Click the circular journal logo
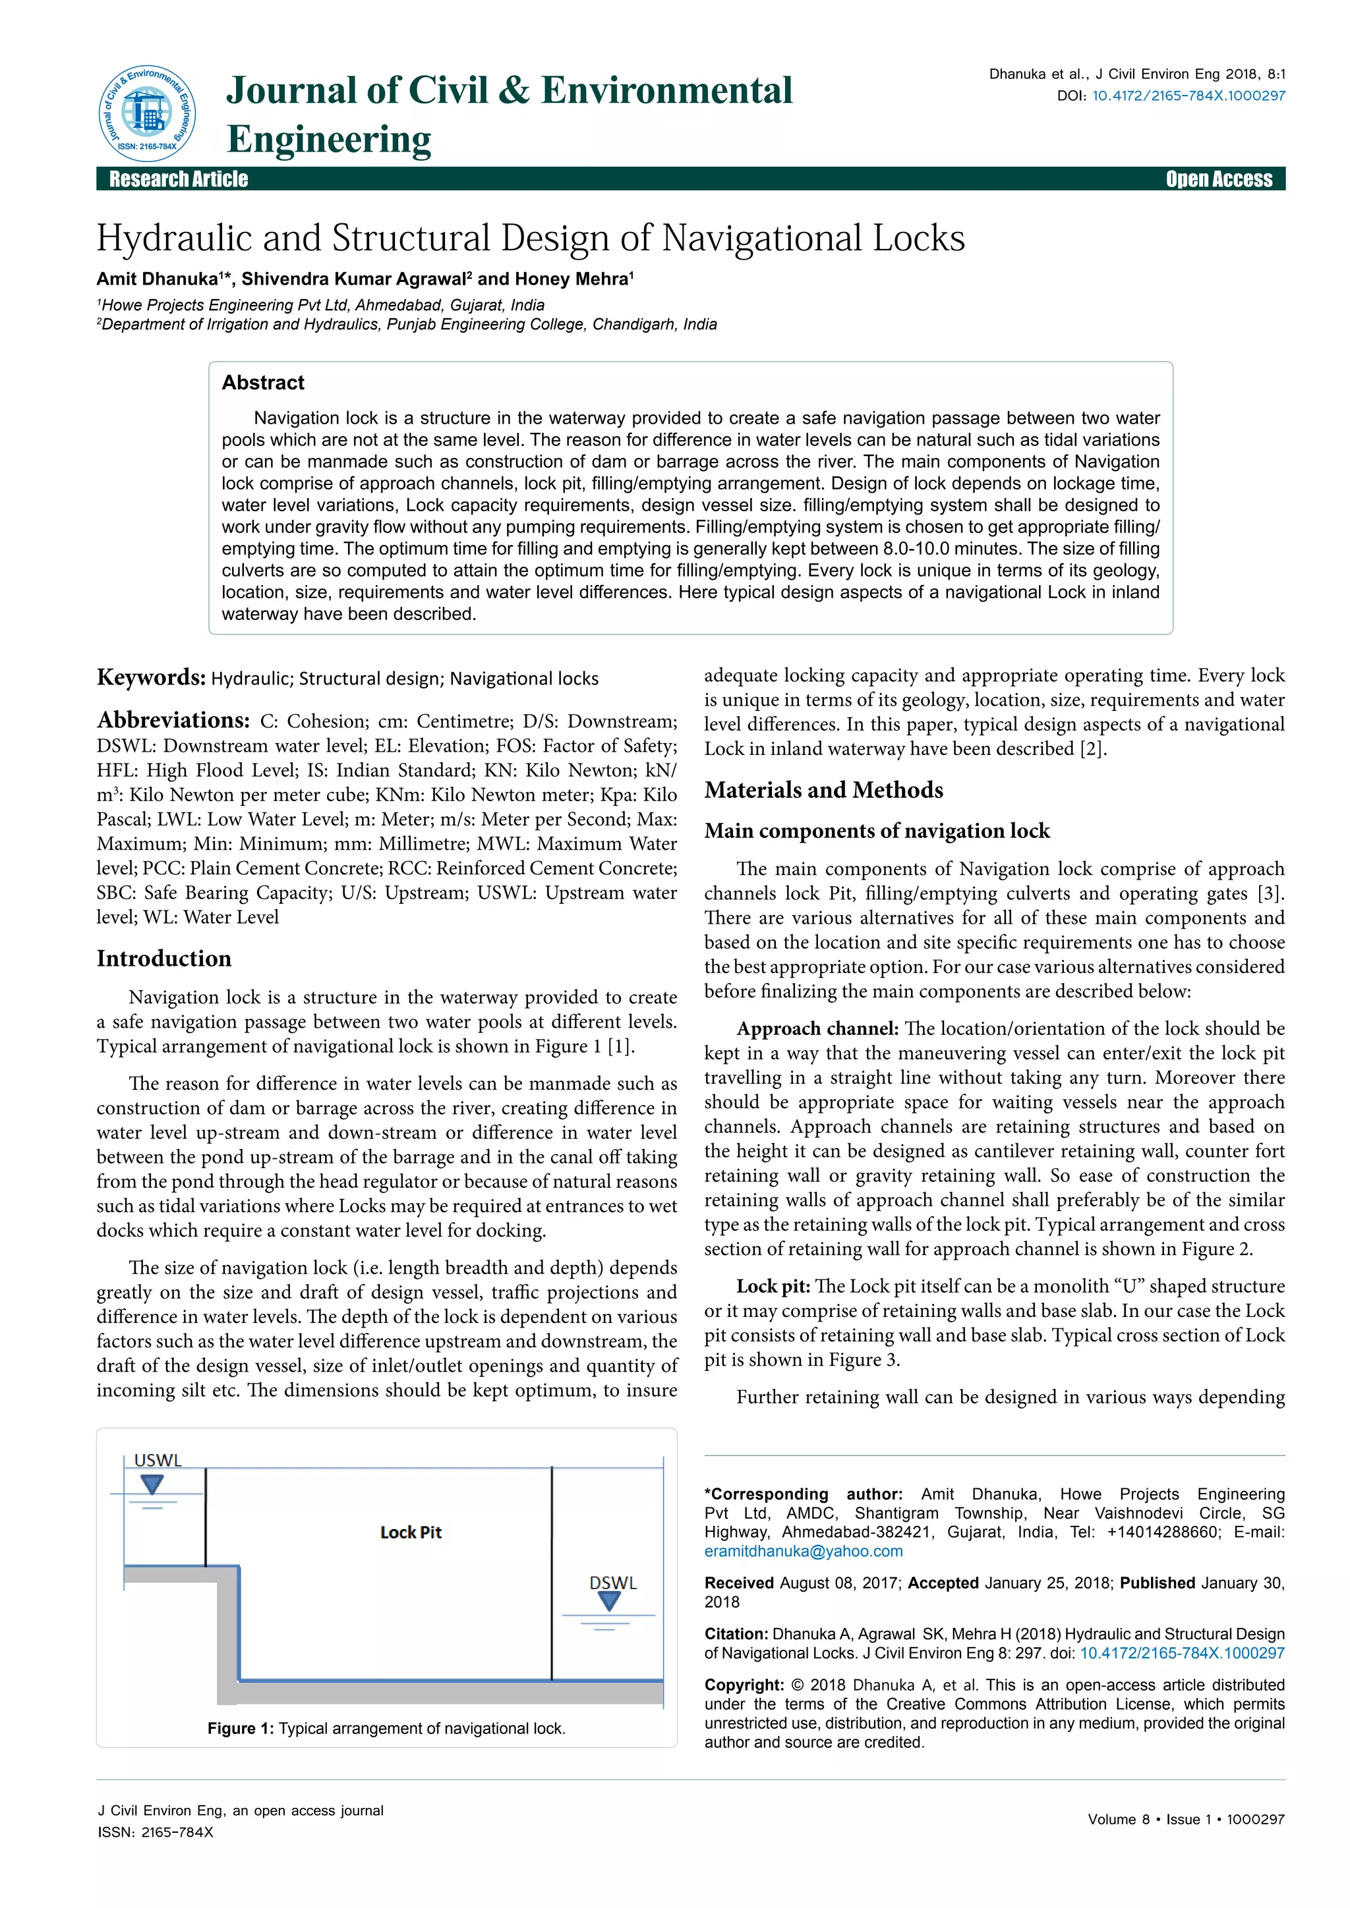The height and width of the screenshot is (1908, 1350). (147, 114)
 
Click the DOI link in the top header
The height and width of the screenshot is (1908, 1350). (1188, 96)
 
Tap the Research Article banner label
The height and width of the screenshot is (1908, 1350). (179, 179)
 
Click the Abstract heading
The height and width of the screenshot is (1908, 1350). (263, 382)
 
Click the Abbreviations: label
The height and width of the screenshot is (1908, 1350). (173, 719)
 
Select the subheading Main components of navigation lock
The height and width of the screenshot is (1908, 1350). (877, 831)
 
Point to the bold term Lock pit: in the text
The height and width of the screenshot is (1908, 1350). (773, 1287)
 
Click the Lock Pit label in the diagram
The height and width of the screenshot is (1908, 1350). (411, 1532)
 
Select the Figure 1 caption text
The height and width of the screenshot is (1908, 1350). (386, 1729)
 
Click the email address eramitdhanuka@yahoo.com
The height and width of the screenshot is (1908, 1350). (803, 1552)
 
